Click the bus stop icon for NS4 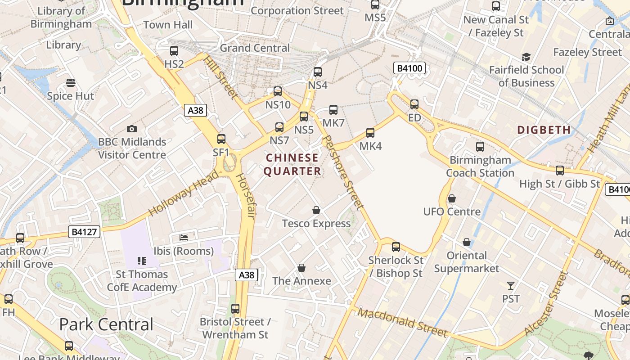pyautogui.click(x=318, y=72)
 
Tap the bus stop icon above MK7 pyautogui.click(x=333, y=110)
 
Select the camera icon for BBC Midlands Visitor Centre pyautogui.click(x=132, y=129)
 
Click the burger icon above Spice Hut pyautogui.click(x=71, y=83)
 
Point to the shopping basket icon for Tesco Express pyautogui.click(x=317, y=211)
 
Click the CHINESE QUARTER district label pyautogui.click(x=292, y=165)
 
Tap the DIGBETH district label pyautogui.click(x=544, y=130)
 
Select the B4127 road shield pyautogui.click(x=84, y=232)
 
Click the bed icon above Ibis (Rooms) pyautogui.click(x=184, y=237)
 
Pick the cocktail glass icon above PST pyautogui.click(x=511, y=286)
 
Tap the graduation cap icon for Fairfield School pyautogui.click(x=526, y=57)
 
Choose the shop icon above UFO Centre pyautogui.click(x=452, y=198)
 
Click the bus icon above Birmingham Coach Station pyautogui.click(x=480, y=147)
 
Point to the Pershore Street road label pyautogui.click(x=344, y=172)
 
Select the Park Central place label pyautogui.click(x=106, y=324)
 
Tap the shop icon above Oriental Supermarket pyautogui.click(x=467, y=243)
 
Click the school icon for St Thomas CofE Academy pyautogui.click(x=142, y=261)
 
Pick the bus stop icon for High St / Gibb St pyautogui.click(x=560, y=171)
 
